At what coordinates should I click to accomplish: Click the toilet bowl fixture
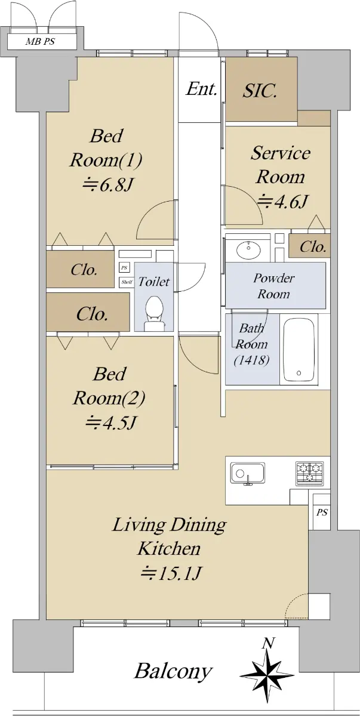click(155, 313)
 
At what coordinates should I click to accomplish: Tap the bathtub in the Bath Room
click(299, 350)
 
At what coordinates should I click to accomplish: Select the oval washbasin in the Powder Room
click(248, 249)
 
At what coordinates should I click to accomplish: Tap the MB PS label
click(40, 42)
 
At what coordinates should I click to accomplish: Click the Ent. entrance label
click(201, 89)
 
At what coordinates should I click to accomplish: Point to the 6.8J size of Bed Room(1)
click(107, 185)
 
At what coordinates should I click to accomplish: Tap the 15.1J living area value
click(171, 573)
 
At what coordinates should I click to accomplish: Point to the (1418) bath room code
click(251, 360)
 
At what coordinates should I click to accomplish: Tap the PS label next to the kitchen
click(322, 513)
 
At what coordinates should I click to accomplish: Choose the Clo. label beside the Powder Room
click(313, 246)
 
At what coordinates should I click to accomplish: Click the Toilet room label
click(154, 282)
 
